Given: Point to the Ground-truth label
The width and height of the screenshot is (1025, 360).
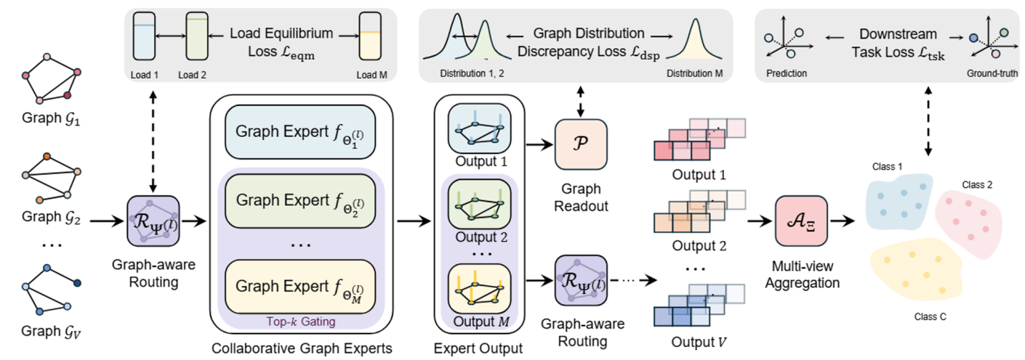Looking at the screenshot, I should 991,73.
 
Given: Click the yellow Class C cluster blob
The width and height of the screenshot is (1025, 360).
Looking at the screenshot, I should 917,277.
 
